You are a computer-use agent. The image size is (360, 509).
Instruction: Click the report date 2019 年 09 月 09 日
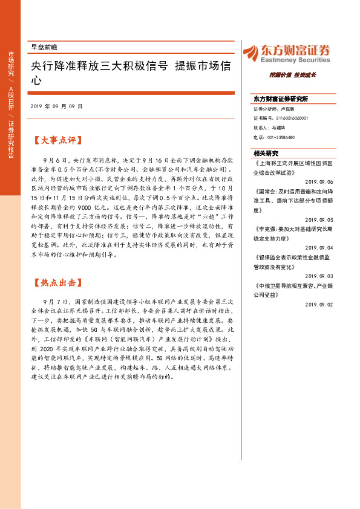pyautogui.click(x=56, y=106)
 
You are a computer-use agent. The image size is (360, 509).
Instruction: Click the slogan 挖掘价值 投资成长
pyautogui.click(x=293, y=75)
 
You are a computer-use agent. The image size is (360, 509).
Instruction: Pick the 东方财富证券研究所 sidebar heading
pyautogui.click(x=281, y=99)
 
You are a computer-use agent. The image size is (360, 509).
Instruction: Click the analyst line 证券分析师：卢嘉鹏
pyautogui.click(x=274, y=109)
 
